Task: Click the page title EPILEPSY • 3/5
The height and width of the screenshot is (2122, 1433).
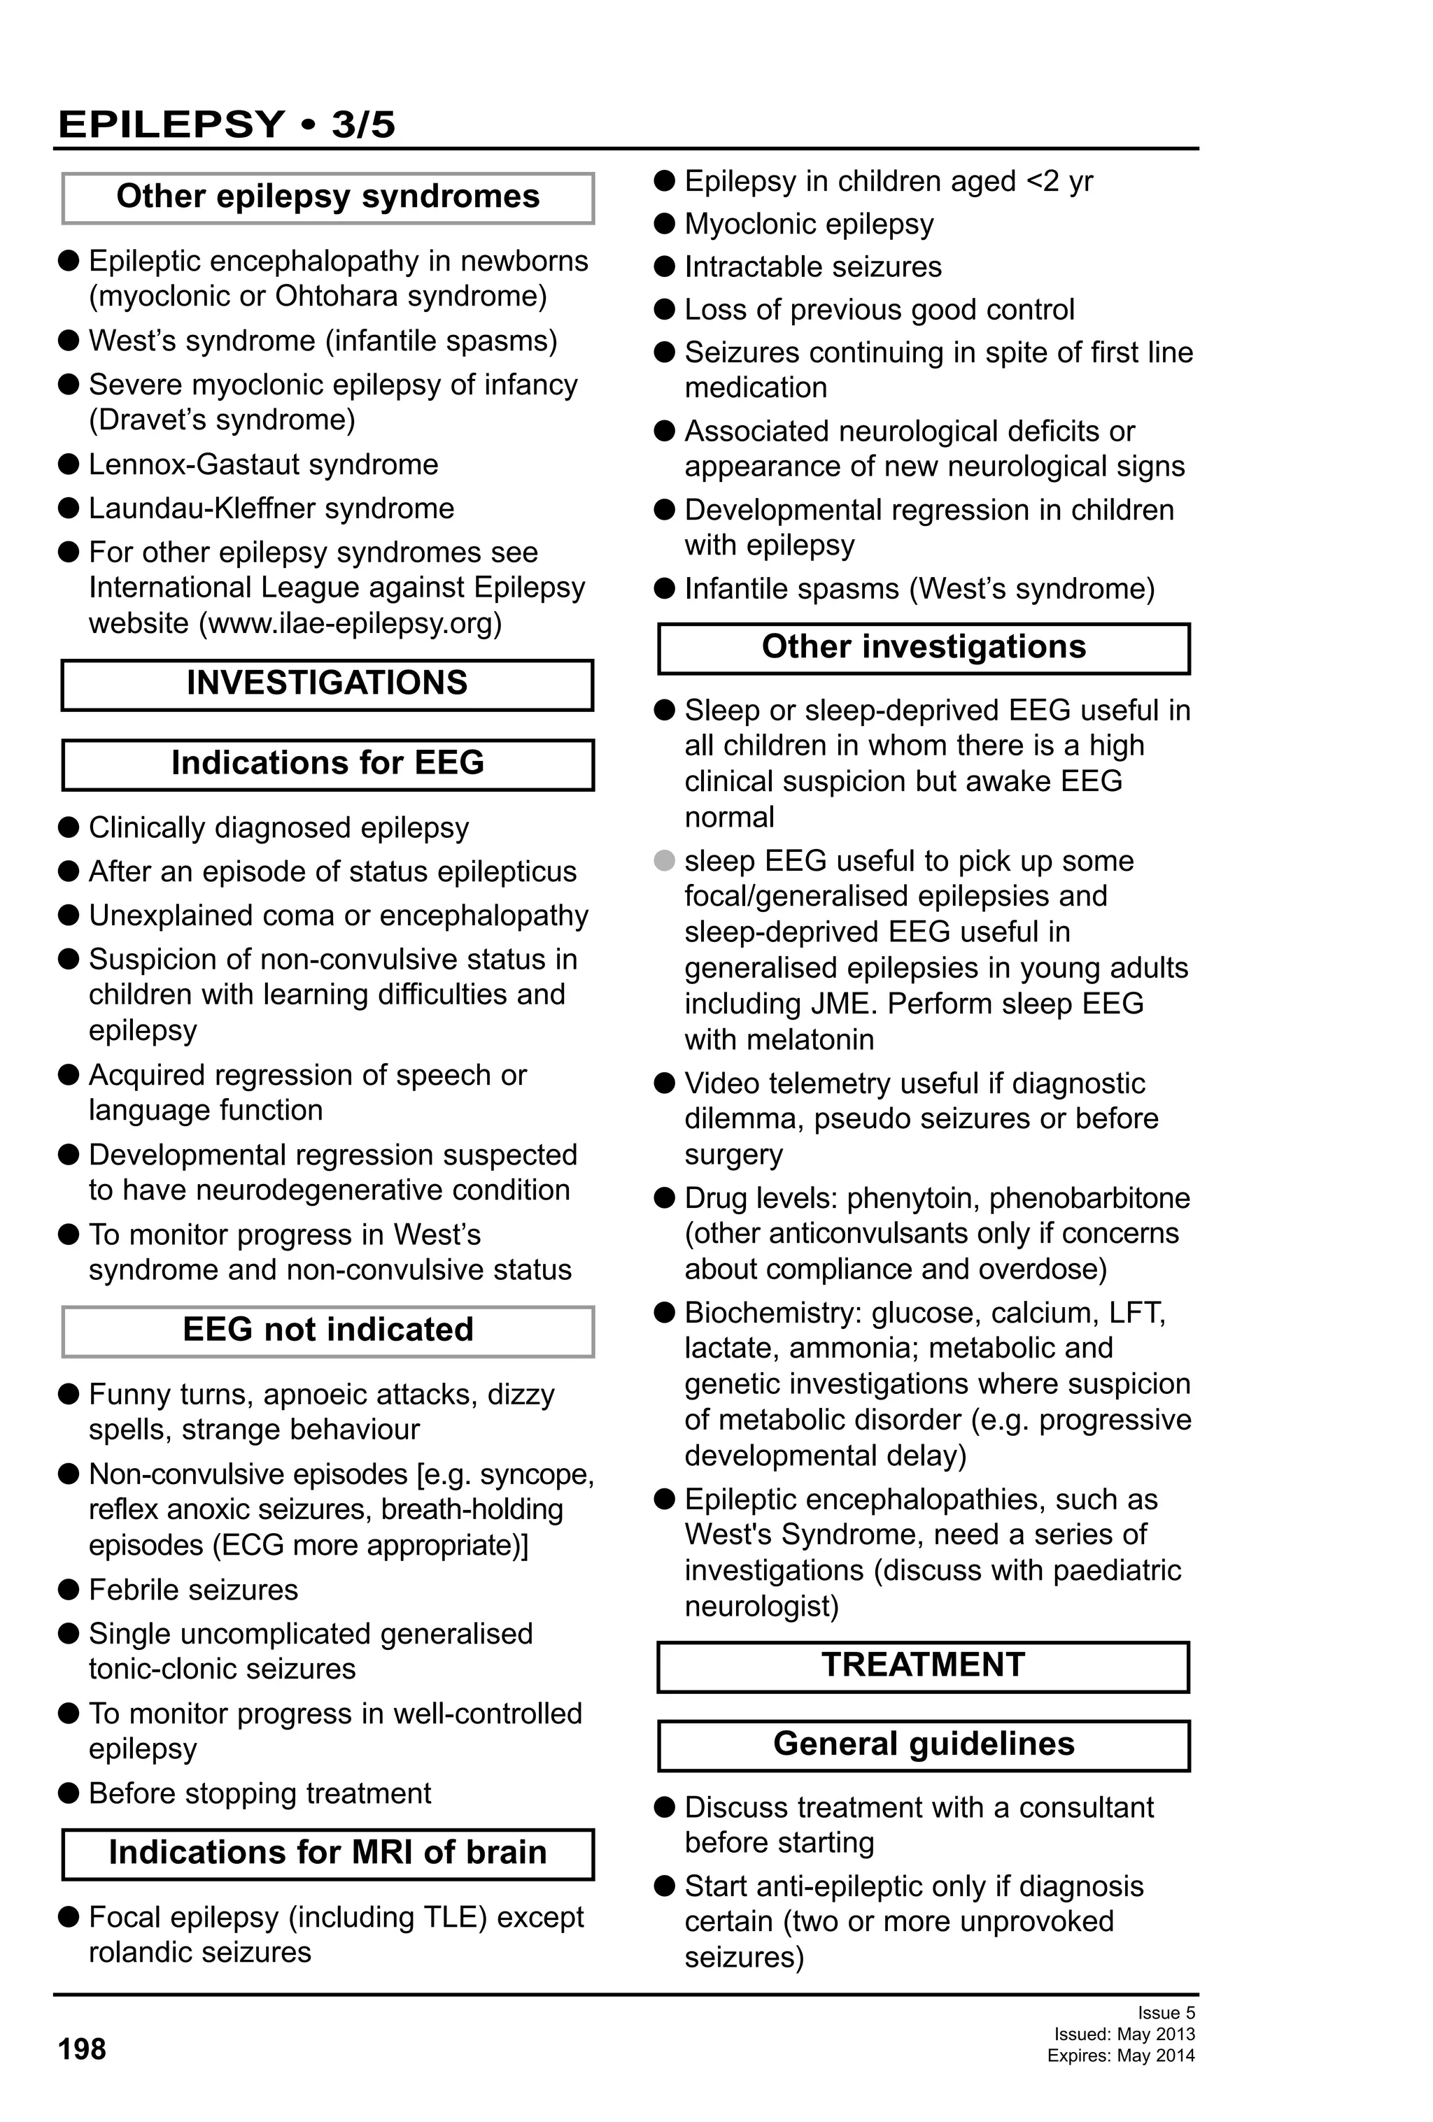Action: [227, 124]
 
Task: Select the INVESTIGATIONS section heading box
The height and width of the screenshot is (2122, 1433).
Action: [327, 684]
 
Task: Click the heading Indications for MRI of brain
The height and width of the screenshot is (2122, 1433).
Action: [327, 1853]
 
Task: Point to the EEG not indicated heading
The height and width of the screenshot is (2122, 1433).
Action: [327, 1330]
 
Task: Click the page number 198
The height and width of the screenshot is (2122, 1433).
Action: [82, 2049]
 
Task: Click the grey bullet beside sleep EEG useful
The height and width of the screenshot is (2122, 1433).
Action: [665, 860]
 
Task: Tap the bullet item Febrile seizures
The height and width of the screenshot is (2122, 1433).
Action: [192, 1590]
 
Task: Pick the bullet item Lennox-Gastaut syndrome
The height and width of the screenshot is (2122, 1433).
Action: [263, 465]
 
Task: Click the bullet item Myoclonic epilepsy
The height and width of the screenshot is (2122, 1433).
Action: [808, 225]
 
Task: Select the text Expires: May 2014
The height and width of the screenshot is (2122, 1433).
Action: [1121, 2056]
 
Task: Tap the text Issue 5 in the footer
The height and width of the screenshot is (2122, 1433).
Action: [1166, 2012]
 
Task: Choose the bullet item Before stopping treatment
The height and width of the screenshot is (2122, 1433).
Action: [260, 1793]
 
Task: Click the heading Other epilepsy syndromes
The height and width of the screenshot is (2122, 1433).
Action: [327, 197]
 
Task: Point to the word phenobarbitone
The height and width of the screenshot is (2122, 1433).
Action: [1089, 1198]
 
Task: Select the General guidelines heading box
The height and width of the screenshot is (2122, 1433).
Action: [922, 1744]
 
